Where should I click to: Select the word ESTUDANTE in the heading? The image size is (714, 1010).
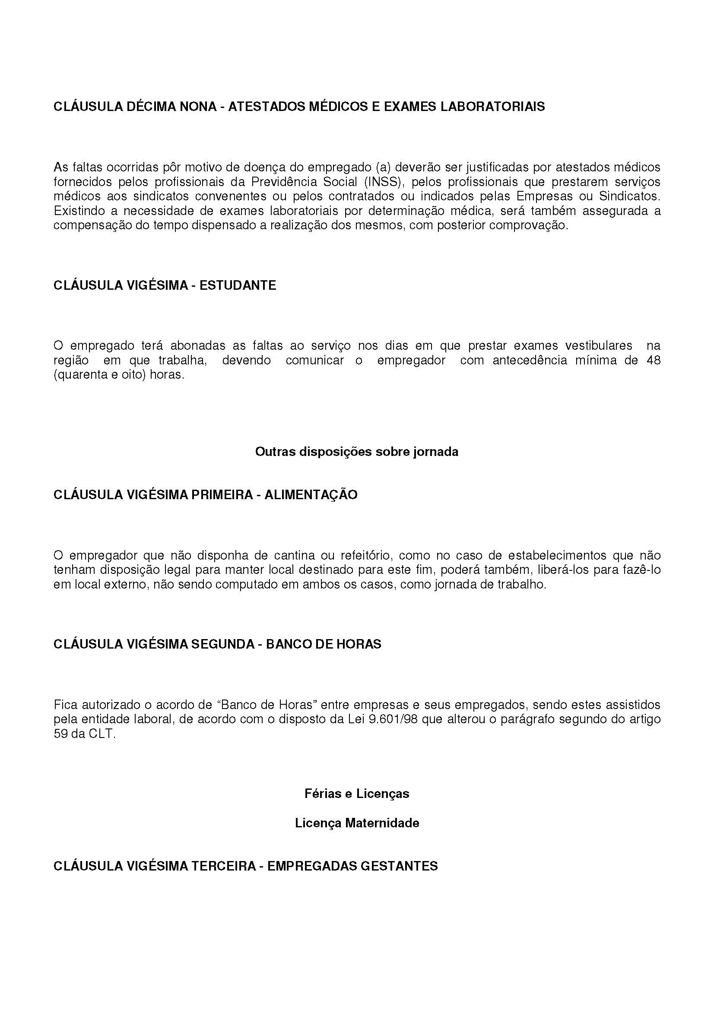point(238,285)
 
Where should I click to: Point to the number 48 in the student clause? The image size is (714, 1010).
point(653,360)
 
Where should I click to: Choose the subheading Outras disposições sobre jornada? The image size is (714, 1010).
point(356,452)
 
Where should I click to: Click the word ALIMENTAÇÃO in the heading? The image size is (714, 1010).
point(311,495)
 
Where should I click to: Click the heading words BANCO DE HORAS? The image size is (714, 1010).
point(324,644)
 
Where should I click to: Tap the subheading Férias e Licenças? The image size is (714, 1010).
point(356,794)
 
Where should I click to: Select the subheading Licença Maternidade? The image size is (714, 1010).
point(356,823)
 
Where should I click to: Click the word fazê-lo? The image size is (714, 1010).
point(641,570)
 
